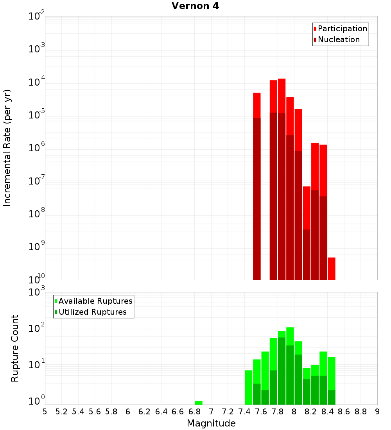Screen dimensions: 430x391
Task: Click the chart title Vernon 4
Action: tap(195, 6)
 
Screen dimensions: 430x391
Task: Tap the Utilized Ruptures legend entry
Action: tap(92, 312)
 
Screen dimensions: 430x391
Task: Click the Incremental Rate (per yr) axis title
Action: tap(7, 148)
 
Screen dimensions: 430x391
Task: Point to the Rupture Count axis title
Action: tap(15, 348)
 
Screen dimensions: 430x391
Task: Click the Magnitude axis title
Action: tap(211, 423)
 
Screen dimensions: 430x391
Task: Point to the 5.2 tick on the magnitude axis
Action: tap(61, 412)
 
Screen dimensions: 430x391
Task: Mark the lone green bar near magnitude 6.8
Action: tap(199, 403)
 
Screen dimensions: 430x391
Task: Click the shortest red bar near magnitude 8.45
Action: tap(332, 269)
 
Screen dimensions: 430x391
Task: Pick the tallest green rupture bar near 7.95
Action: tap(290, 365)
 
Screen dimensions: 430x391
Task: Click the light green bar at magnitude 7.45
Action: tap(248, 387)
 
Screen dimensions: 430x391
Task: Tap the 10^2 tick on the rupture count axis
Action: tap(37, 328)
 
